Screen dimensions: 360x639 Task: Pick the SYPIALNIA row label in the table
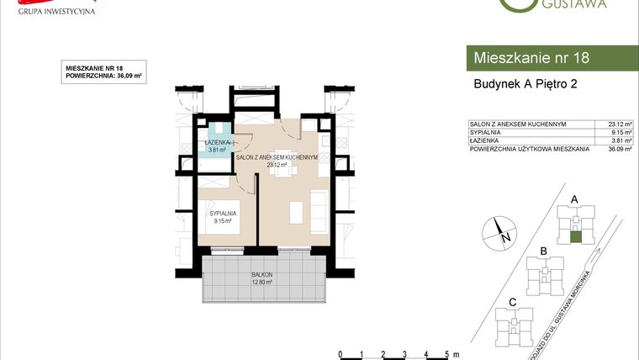point(487,132)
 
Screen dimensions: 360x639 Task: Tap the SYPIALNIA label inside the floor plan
point(223,214)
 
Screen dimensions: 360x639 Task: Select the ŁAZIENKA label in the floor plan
point(219,144)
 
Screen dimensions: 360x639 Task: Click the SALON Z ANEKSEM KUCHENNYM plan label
point(276,157)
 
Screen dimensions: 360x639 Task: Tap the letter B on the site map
point(544,250)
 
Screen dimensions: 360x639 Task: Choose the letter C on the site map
point(513,301)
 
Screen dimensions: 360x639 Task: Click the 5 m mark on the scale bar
point(448,353)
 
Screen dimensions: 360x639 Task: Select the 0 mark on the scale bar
point(340,353)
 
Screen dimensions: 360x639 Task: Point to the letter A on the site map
point(575,199)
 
